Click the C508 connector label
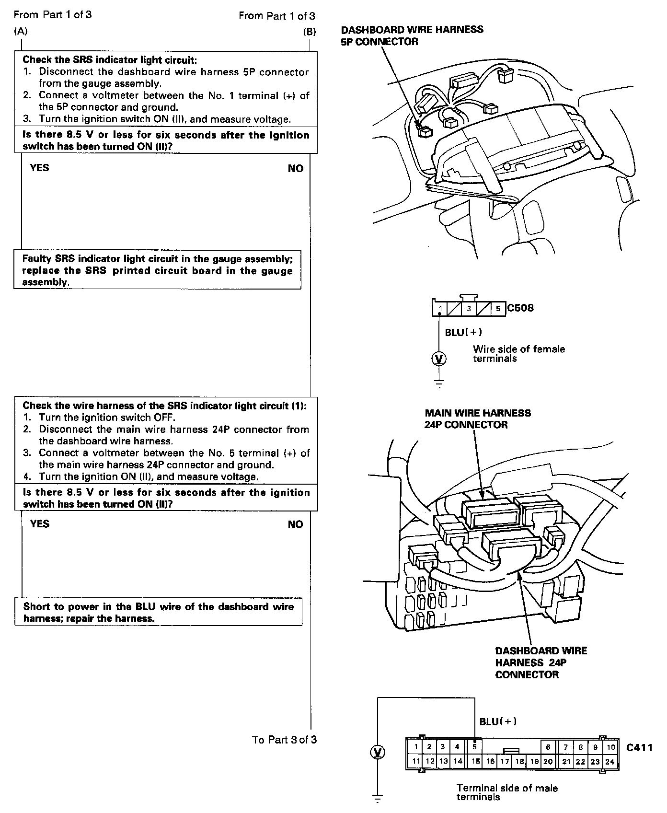pyautogui.click(x=520, y=308)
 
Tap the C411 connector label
pyautogui.click(x=639, y=747)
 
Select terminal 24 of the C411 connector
pyautogui.click(x=609, y=761)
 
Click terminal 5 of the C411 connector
pyautogui.click(x=474, y=746)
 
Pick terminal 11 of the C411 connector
pyautogui.click(x=416, y=761)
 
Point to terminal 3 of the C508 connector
pyautogui.click(x=469, y=309)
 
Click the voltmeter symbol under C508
pyautogui.click(x=439, y=358)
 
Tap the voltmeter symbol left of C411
pyautogui.click(x=378, y=752)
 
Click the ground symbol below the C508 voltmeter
pyautogui.click(x=439, y=383)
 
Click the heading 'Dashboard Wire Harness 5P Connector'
pyautogui.click(x=412, y=35)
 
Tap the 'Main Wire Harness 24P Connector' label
pyautogui.click(x=478, y=418)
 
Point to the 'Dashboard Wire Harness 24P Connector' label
pyautogui.click(x=540, y=662)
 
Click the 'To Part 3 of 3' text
pyautogui.click(x=284, y=740)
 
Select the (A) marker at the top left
pyautogui.click(x=21, y=32)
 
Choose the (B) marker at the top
pyautogui.click(x=309, y=32)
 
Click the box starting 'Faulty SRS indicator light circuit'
pyautogui.click(x=157, y=270)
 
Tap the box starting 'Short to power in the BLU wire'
pyautogui.click(x=158, y=612)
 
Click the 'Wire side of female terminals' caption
pyautogui.click(x=518, y=354)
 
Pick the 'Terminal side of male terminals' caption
pyautogui.click(x=506, y=792)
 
